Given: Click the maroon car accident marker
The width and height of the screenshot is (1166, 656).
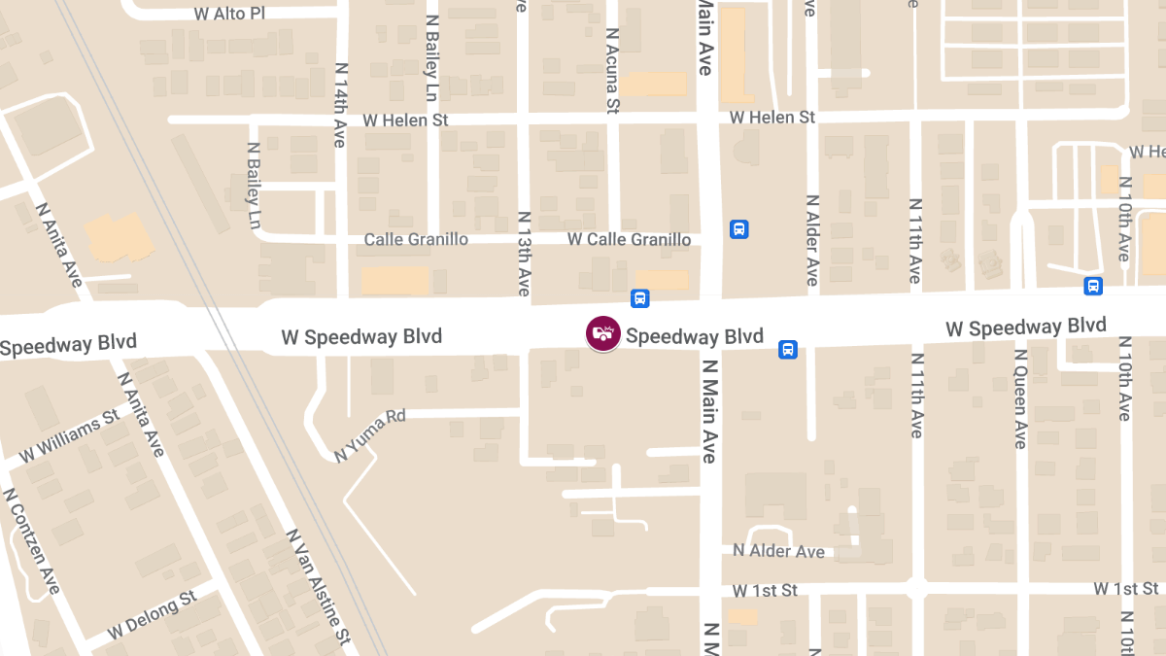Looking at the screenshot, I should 603,333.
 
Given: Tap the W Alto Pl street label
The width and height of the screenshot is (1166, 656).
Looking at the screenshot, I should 229,14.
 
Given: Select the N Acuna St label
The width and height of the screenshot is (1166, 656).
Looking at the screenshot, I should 612,69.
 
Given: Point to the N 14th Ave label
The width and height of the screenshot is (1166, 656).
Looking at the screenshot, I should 340,105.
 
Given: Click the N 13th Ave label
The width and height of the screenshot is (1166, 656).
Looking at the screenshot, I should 524,254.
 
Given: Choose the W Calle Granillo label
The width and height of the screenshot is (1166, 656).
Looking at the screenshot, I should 630,239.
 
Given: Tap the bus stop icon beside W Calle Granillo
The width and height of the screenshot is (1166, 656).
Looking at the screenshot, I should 738,229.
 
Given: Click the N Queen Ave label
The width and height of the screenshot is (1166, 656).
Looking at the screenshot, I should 1020,398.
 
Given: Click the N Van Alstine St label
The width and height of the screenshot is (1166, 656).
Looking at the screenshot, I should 317,587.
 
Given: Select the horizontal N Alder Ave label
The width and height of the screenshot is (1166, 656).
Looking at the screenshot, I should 778,551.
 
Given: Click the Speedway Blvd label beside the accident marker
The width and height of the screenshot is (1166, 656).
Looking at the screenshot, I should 695,336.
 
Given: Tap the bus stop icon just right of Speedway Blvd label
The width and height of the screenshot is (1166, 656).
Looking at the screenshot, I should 788,349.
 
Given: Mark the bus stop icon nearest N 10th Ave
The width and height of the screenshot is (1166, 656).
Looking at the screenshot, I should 1093,286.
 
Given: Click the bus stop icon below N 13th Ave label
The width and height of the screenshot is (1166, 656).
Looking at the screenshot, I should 639,298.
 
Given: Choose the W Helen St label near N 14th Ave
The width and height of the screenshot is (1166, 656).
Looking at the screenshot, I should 405,121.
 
